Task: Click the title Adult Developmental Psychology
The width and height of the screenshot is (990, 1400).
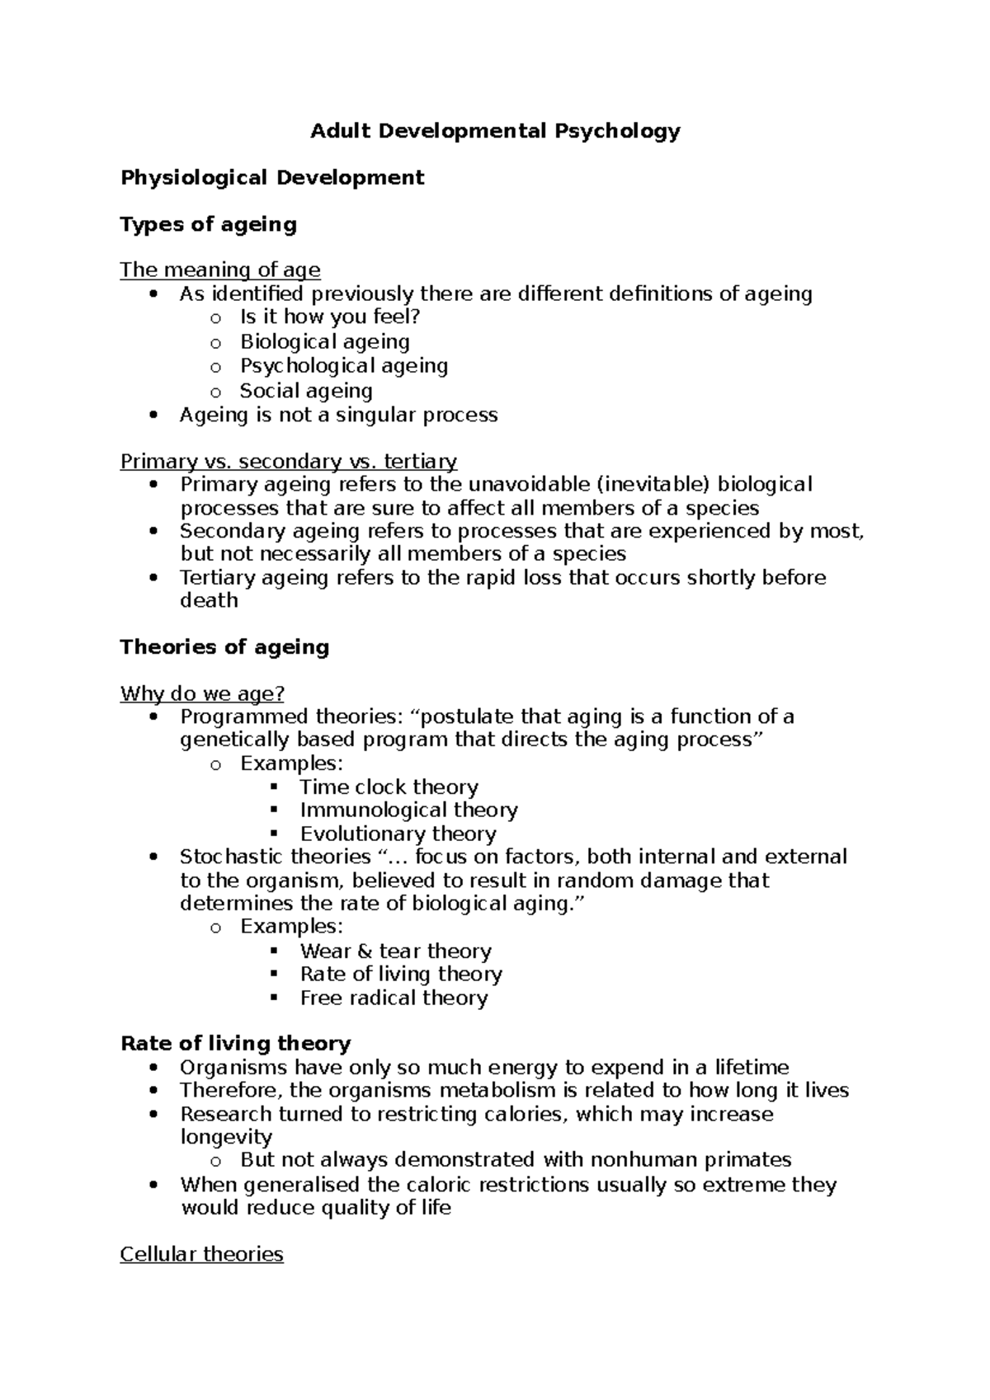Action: (495, 131)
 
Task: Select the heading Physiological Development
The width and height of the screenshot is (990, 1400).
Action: (272, 178)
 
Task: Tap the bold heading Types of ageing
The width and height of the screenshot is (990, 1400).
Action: (208, 224)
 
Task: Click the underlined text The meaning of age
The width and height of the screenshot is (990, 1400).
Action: (220, 270)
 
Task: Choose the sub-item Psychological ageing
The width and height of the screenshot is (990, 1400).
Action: (344, 365)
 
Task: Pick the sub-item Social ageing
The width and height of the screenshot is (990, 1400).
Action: (306, 391)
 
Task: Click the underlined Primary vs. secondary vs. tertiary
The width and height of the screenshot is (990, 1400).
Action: (289, 462)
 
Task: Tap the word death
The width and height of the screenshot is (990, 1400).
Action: (209, 600)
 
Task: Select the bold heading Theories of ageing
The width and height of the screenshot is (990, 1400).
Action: (224, 647)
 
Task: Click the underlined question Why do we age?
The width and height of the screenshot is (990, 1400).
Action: (202, 694)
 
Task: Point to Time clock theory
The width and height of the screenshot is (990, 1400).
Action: (389, 787)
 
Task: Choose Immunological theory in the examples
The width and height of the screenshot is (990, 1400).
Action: (408, 810)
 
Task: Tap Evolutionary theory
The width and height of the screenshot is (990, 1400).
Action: (398, 834)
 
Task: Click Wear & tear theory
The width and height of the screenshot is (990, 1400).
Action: (395, 951)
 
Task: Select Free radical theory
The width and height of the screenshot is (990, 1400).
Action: (394, 998)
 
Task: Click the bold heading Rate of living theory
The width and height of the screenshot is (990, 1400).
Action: (235, 1044)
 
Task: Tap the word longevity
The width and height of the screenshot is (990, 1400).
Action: (226, 1137)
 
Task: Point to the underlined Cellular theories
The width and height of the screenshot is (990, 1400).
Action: (201, 1255)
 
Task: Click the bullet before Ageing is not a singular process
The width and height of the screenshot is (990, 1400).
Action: (153, 416)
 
